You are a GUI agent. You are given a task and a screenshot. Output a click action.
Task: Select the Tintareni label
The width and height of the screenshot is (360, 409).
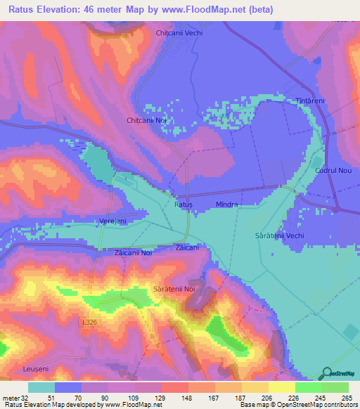click(310, 101)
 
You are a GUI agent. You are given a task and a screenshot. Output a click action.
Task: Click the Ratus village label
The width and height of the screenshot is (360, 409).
click(184, 204)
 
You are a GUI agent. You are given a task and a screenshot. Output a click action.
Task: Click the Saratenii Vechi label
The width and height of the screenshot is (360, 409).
click(279, 235)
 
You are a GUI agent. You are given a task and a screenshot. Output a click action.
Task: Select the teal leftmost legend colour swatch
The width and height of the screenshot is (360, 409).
click(41, 387)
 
